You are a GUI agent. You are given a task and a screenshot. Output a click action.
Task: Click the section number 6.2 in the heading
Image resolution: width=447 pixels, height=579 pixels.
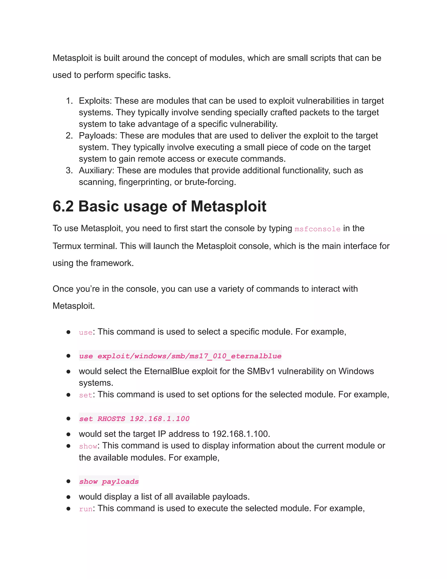63,206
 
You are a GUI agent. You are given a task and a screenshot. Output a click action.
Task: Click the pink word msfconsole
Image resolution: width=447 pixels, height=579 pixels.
317,229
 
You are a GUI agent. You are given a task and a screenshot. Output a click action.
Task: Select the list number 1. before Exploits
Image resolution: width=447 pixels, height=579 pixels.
69,101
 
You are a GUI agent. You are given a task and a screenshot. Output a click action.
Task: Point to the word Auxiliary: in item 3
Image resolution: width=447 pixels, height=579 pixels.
96,170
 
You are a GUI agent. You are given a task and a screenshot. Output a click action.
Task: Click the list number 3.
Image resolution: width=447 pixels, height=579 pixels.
69,170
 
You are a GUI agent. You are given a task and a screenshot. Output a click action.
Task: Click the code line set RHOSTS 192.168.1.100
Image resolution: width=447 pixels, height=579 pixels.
134,419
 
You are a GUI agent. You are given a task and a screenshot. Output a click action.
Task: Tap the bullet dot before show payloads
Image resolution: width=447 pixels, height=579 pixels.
68,481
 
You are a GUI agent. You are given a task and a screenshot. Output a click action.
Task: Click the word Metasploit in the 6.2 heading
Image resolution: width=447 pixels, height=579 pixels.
228,206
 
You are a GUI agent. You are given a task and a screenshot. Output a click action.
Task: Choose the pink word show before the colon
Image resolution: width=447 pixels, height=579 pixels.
88,446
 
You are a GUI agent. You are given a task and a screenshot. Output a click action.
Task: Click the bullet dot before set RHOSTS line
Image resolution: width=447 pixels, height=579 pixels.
68,419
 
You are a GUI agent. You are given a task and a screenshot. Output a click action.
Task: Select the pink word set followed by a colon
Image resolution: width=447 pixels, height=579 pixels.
85,395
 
